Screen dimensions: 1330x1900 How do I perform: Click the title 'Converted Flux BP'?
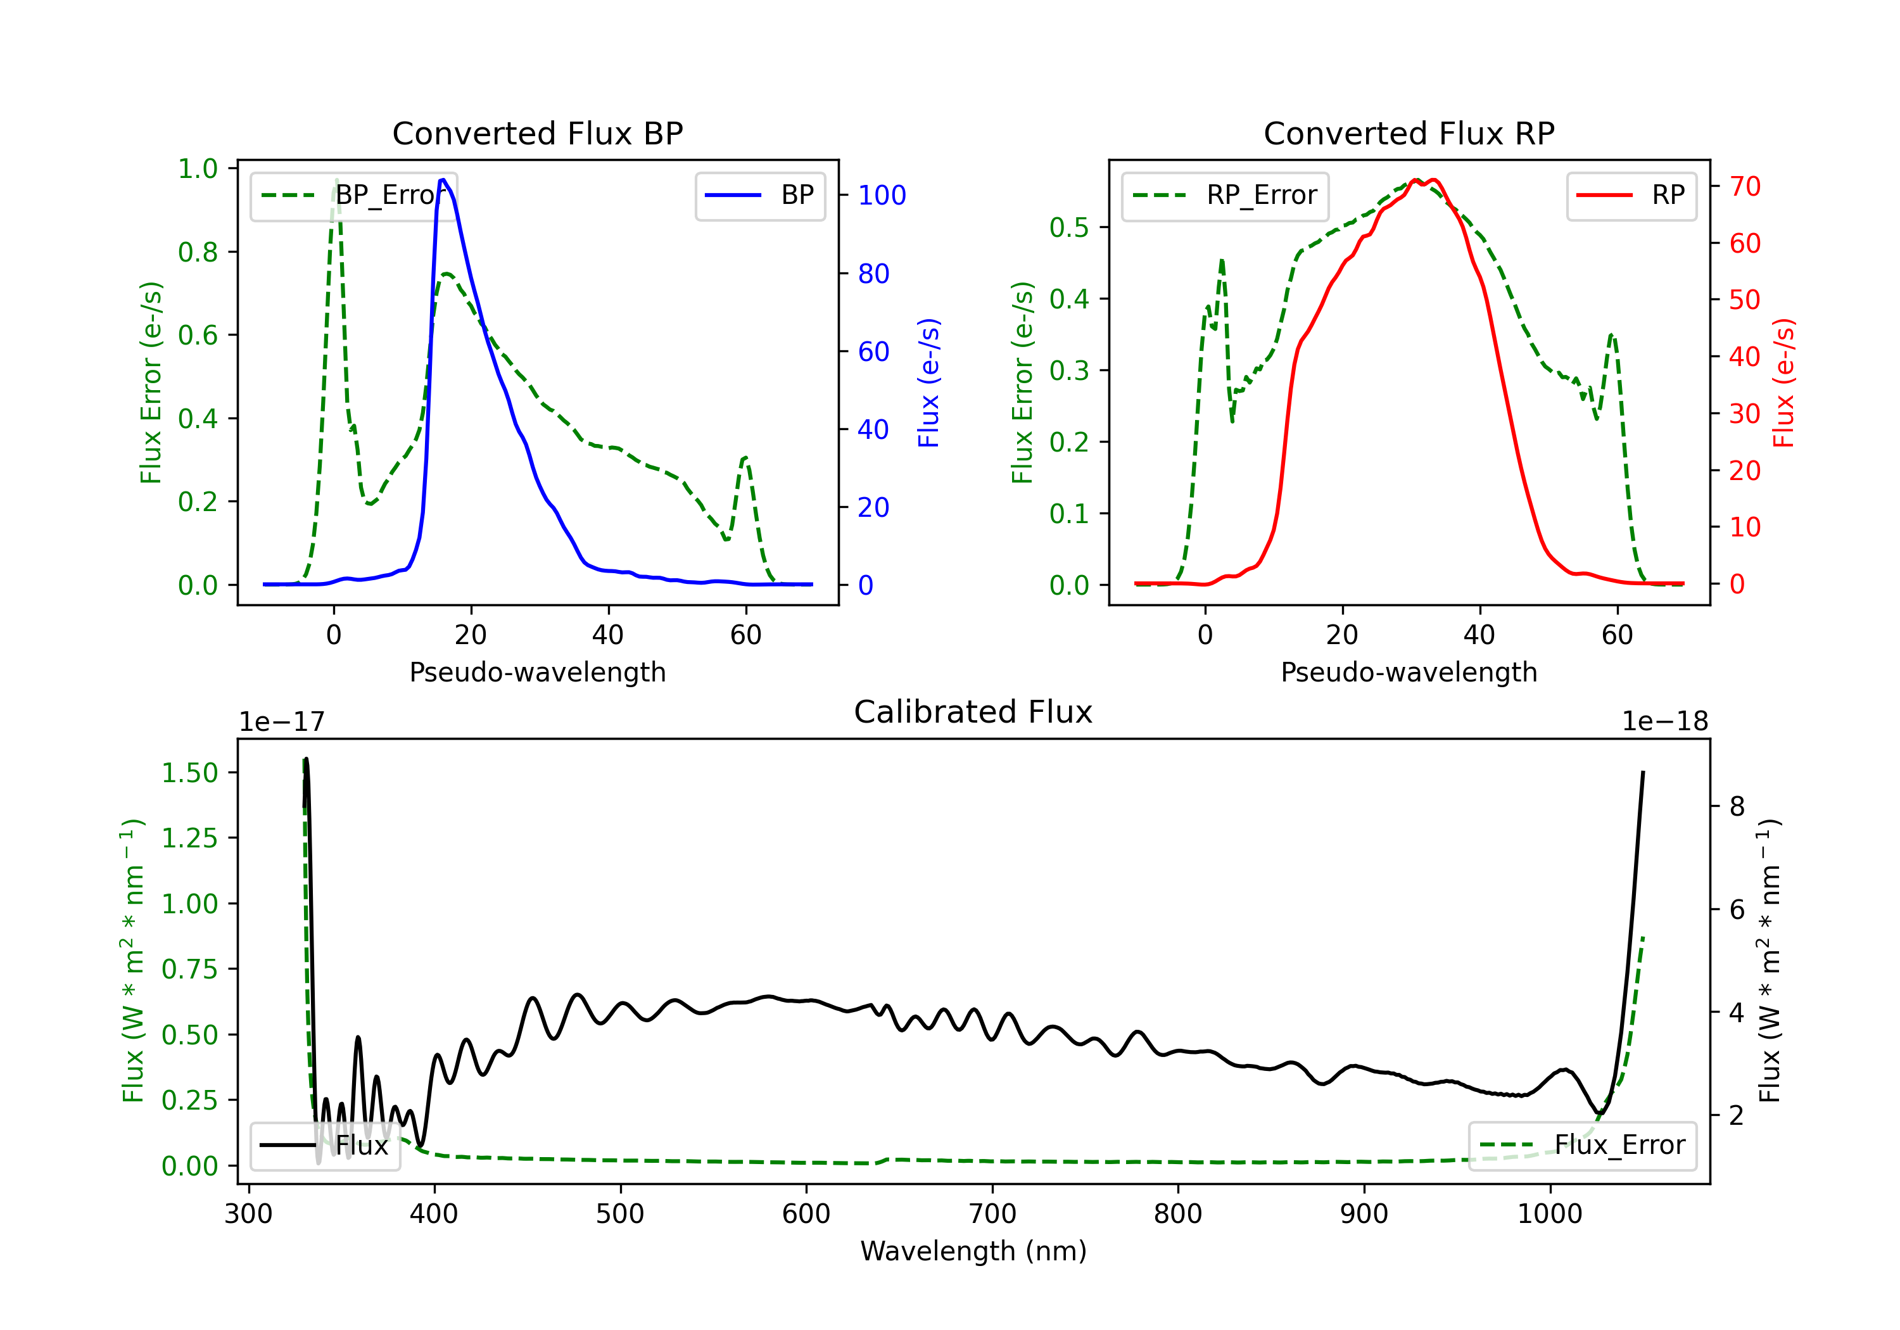click(x=537, y=133)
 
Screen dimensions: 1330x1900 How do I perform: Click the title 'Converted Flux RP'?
click(x=1409, y=133)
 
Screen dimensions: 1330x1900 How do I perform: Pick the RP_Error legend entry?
click(x=1225, y=195)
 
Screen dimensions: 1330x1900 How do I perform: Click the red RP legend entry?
click(x=1631, y=195)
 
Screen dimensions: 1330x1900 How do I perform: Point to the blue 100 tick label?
click(x=882, y=195)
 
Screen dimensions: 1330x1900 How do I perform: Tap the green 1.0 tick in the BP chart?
click(x=198, y=169)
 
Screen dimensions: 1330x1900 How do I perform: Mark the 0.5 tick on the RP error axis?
click(x=1069, y=227)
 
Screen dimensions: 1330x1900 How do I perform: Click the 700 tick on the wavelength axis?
click(x=991, y=1214)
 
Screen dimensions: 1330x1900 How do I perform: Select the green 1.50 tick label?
click(x=189, y=773)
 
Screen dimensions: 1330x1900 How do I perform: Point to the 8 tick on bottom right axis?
click(x=1737, y=806)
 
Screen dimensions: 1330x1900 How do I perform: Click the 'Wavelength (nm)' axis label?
click(x=973, y=1251)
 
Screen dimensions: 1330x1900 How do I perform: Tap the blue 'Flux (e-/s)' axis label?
click(x=928, y=383)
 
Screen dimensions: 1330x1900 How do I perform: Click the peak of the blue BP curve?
click(x=443, y=180)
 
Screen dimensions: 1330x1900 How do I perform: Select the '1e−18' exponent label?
click(x=1665, y=722)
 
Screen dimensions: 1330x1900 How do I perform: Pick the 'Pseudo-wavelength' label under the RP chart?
click(x=1409, y=672)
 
